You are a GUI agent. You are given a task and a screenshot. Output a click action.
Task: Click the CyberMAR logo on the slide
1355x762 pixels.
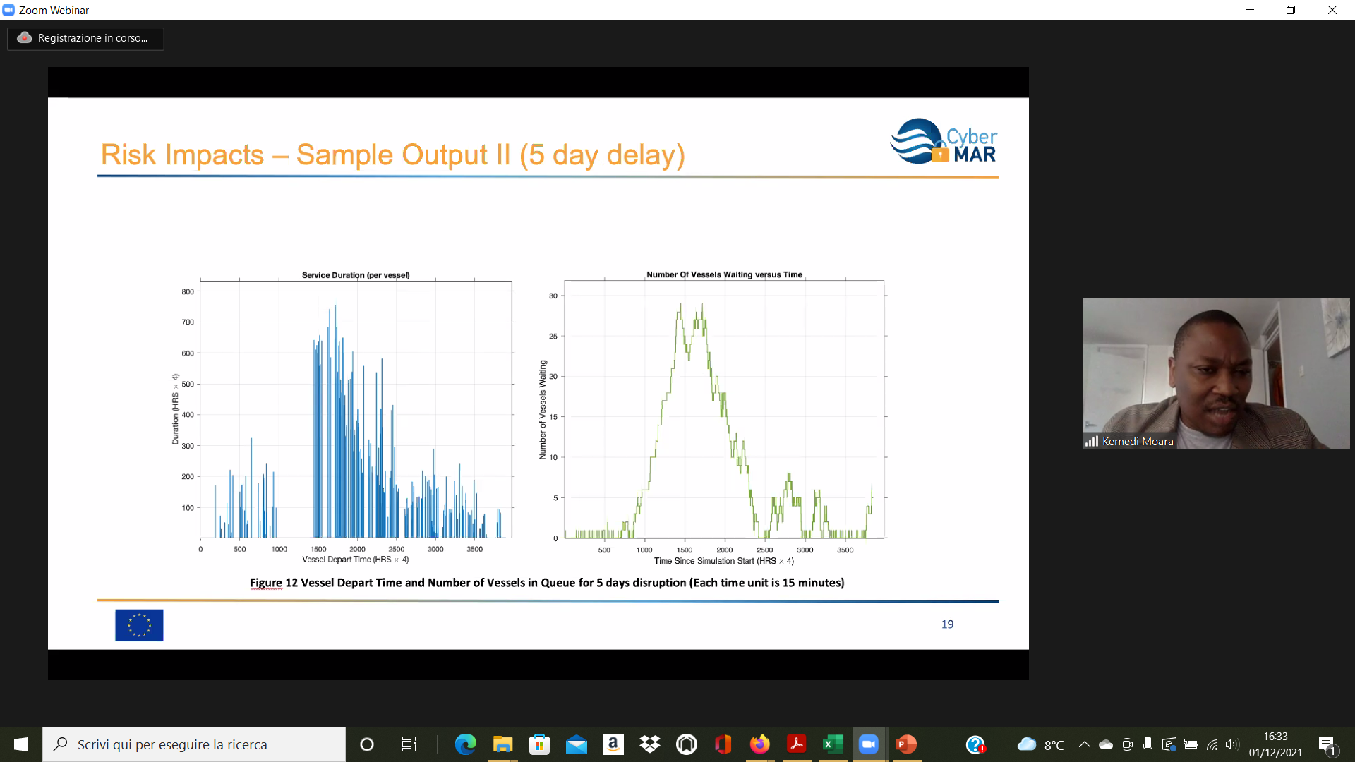click(944, 141)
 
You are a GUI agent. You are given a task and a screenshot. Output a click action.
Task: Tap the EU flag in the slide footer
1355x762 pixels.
click(139, 625)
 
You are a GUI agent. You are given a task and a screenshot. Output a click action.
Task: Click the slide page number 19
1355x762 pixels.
click(947, 624)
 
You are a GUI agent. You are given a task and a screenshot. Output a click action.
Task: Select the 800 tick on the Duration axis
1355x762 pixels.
click(188, 291)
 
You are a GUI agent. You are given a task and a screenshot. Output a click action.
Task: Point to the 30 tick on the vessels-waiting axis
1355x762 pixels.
click(553, 296)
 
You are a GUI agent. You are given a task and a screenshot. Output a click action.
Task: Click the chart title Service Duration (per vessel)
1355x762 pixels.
click(356, 275)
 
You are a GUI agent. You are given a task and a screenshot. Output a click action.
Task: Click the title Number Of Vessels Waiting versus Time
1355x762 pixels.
click(724, 274)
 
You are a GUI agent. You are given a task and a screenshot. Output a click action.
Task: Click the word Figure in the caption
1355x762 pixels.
click(266, 583)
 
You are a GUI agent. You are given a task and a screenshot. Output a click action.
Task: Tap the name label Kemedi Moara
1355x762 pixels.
click(1138, 442)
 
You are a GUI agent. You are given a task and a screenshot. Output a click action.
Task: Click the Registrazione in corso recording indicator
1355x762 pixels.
click(85, 38)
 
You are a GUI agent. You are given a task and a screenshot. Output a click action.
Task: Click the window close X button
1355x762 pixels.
click(1332, 10)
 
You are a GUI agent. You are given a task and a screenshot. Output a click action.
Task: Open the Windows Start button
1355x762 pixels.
click(21, 744)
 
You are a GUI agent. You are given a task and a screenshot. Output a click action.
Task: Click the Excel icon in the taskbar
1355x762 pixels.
click(833, 744)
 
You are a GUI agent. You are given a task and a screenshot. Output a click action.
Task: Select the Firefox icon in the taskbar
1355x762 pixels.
click(759, 744)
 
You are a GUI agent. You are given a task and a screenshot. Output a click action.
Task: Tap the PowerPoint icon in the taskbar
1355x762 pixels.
click(906, 744)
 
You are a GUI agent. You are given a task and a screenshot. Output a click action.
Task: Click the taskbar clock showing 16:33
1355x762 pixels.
click(1275, 737)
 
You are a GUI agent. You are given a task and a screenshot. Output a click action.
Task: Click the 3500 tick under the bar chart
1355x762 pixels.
click(474, 549)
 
